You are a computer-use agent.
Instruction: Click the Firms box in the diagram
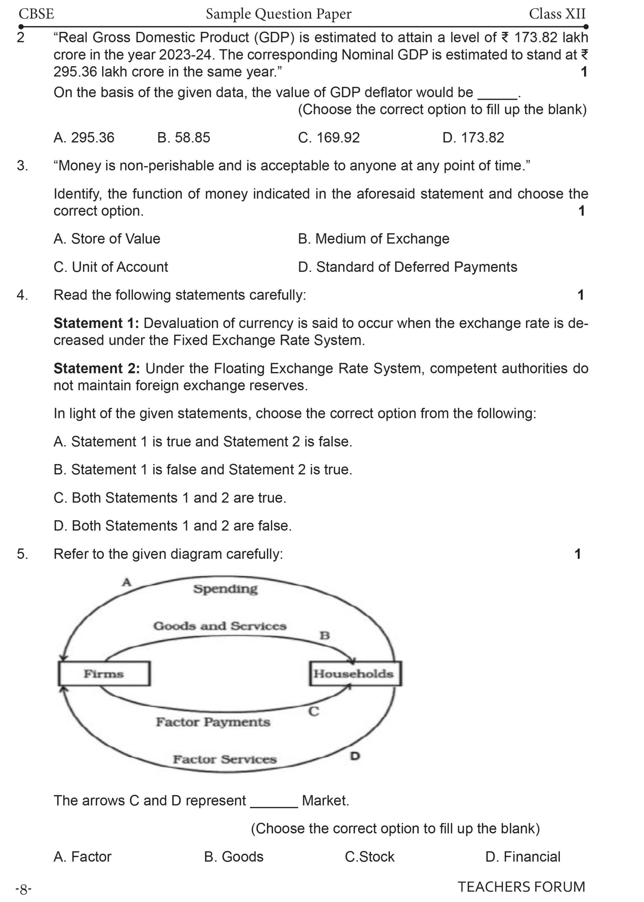[x=104, y=673]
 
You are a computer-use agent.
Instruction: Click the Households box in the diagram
[x=354, y=673]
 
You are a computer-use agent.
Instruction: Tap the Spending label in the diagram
[x=225, y=589]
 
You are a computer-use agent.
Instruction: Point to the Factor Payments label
[x=213, y=722]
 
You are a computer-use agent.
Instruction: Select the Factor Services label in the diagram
[x=224, y=759]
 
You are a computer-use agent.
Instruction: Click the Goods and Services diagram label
[x=220, y=626]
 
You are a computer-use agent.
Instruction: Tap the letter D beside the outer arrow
[x=355, y=756]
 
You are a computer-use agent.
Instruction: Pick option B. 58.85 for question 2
[x=184, y=137]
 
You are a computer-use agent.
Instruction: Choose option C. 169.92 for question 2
[x=329, y=137]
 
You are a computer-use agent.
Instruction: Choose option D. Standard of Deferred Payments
[x=407, y=267]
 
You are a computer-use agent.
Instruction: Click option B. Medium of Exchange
[x=373, y=239]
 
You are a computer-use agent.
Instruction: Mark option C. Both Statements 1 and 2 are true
[x=170, y=498]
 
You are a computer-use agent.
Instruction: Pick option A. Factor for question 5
[x=83, y=857]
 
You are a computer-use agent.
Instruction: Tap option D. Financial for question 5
[x=523, y=857]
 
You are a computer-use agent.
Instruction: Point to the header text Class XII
[x=557, y=14]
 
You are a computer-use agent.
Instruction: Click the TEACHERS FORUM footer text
[x=521, y=886]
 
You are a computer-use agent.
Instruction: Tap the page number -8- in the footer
[x=23, y=890]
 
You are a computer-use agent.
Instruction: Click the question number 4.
[x=22, y=295]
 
